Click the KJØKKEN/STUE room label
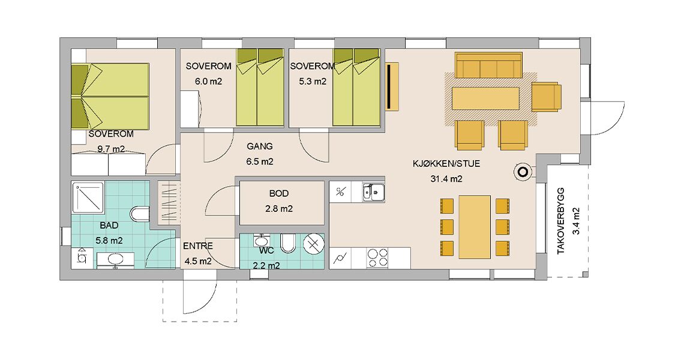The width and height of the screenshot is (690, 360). tap(446, 164)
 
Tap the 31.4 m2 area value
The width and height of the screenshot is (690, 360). tap(446, 179)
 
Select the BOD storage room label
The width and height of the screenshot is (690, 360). tap(279, 193)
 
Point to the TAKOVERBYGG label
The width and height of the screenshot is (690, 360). tap(560, 221)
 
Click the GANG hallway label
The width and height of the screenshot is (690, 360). tap(260, 146)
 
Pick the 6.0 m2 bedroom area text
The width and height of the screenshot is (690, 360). tap(209, 82)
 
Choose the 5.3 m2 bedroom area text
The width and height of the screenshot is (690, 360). tap(313, 82)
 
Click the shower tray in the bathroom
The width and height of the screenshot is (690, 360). tap(88, 198)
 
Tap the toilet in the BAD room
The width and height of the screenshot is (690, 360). tap(140, 214)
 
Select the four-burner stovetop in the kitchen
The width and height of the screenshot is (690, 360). tap(377, 257)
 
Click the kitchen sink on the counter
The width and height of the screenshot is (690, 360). tap(373, 193)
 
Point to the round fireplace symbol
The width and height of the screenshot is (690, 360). tap(523, 172)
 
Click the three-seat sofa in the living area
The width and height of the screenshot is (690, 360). tap(488, 65)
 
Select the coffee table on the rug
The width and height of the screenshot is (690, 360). tap(485, 98)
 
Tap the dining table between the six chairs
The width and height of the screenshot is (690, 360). tap(475, 227)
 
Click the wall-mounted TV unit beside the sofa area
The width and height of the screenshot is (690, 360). tap(392, 86)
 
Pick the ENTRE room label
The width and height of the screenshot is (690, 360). tap(198, 246)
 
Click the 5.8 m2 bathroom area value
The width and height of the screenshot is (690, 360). tap(109, 241)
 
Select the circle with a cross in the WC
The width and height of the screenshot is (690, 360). tap(314, 244)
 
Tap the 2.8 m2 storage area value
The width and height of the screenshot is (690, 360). tap(279, 209)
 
